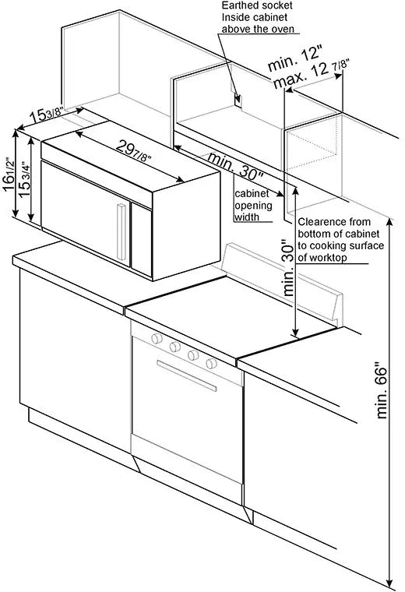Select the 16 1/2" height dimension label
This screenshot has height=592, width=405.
[x=9, y=175]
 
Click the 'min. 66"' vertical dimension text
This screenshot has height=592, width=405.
[x=382, y=390]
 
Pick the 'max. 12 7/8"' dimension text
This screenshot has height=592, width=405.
[x=312, y=73]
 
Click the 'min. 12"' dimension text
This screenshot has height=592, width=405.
[x=294, y=58]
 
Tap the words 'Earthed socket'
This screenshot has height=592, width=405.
[x=257, y=5]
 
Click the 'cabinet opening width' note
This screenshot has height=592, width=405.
[x=253, y=205]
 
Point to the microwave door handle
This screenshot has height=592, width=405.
[x=121, y=232]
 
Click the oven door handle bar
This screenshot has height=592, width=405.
[x=186, y=375]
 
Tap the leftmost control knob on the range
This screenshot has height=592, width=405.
[x=157, y=338]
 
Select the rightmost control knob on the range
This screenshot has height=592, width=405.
[x=211, y=364]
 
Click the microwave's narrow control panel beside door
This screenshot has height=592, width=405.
[x=142, y=240]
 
